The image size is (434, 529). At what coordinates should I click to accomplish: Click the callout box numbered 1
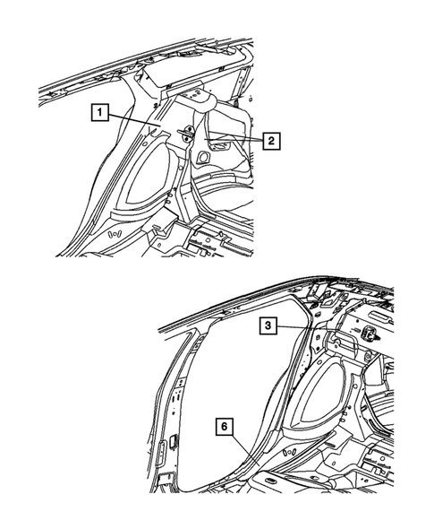[99, 113]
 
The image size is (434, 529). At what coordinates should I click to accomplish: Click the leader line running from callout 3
[295, 329]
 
